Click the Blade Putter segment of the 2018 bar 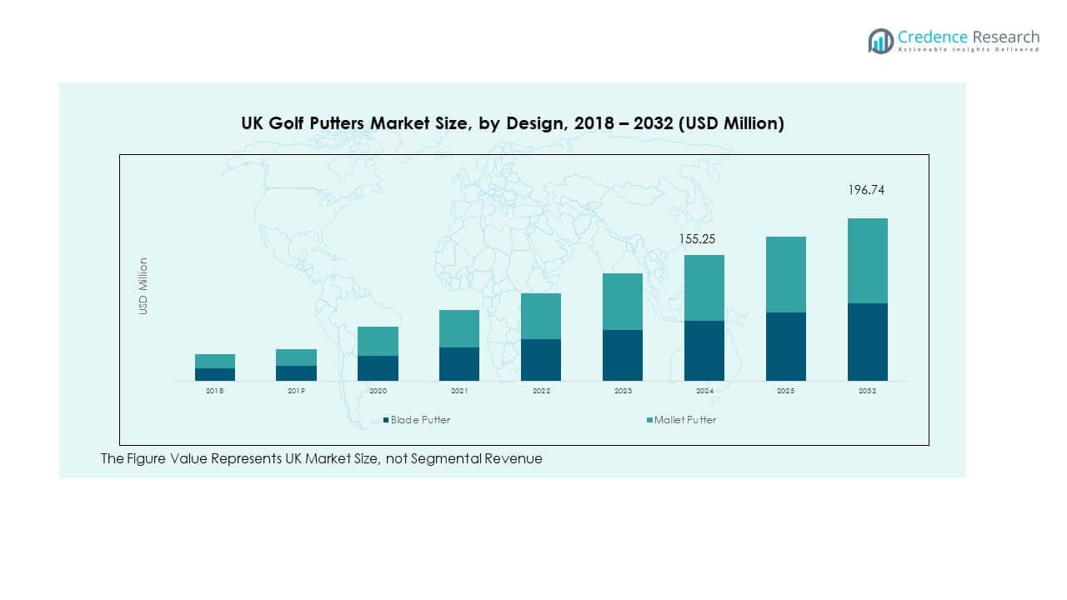point(215,374)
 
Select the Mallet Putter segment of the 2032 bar point(868,261)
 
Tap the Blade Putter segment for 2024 point(704,351)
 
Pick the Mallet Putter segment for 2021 point(459,328)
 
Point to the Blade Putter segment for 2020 point(378,368)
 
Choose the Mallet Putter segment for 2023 point(623,302)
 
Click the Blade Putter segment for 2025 point(786,347)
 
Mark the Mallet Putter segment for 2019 point(296,357)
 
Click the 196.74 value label point(866,190)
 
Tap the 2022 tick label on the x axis point(541,391)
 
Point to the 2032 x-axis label point(868,391)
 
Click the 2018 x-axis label point(215,391)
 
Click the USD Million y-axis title point(143,286)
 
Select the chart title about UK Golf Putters point(513,123)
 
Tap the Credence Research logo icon point(880,41)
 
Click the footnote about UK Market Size point(321,458)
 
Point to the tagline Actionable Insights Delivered point(969,50)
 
